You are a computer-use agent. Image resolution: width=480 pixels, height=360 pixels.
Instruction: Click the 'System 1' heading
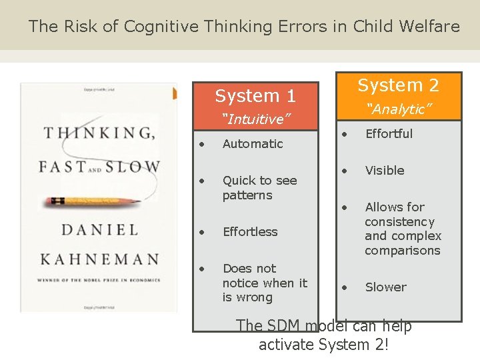tap(255, 96)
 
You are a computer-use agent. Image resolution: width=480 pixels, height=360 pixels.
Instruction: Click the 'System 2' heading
tap(398, 85)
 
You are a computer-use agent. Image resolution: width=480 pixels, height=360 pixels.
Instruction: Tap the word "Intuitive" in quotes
tap(256, 119)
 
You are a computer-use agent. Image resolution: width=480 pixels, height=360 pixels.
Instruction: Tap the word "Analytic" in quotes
tap(399, 109)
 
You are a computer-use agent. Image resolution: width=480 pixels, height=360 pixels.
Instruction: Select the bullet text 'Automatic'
tap(253, 143)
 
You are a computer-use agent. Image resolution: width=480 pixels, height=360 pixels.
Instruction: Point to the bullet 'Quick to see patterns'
tap(259, 187)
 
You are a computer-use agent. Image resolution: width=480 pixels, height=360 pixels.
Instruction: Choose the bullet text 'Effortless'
tap(250, 231)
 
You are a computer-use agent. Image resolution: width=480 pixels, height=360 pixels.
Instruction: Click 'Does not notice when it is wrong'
tap(265, 283)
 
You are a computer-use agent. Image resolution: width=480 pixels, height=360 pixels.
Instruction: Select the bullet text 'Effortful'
tap(389, 133)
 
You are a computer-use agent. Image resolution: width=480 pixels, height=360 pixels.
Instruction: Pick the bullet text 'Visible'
tap(385, 170)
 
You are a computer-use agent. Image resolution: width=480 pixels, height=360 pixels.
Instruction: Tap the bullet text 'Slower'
tap(385, 287)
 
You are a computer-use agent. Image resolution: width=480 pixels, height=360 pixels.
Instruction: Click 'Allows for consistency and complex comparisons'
tap(403, 229)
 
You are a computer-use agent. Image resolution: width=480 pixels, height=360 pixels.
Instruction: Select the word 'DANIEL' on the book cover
tap(99, 230)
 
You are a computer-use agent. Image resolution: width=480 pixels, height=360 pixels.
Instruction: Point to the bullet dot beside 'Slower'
tap(345, 287)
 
